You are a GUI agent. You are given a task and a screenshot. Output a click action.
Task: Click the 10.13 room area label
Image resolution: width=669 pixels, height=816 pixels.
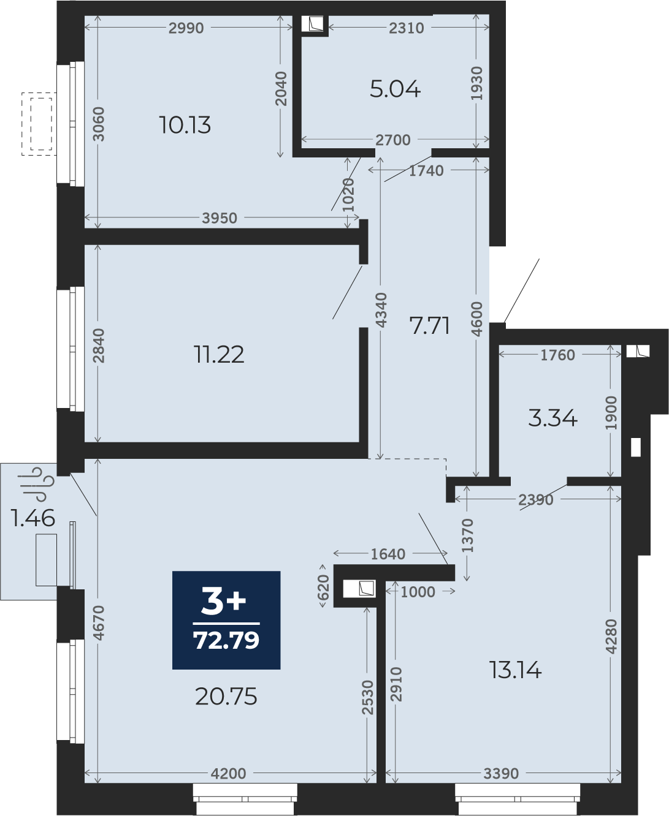185,126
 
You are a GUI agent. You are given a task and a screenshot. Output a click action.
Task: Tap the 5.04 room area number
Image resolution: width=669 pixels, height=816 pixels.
395,89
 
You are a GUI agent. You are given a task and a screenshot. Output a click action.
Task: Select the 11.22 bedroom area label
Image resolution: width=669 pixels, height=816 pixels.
219,355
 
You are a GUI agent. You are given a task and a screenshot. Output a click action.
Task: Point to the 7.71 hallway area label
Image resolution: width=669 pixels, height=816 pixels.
430,326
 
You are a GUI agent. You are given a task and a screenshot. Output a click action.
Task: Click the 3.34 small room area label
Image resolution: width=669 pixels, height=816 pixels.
552,418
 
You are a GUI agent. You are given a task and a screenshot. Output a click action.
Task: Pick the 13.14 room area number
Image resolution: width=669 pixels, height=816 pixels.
515,670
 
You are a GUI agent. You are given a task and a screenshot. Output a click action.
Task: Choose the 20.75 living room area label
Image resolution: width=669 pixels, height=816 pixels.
226,697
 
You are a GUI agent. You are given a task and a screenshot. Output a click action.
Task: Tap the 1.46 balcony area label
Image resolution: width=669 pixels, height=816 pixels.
33,518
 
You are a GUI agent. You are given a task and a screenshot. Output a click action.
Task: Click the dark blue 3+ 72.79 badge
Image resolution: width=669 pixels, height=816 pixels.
226,620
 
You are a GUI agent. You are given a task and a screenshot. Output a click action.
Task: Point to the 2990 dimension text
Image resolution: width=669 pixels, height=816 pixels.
186,28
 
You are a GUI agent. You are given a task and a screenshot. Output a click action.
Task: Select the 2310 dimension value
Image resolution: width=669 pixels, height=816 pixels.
407,28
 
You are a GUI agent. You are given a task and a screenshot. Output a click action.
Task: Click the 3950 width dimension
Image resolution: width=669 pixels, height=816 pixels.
220,218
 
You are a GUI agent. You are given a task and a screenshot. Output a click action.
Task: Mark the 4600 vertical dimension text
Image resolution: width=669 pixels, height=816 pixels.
478,319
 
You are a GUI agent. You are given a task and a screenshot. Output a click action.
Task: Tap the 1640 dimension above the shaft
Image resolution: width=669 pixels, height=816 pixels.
388,554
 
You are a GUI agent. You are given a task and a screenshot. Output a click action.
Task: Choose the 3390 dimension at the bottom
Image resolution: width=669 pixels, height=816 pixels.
501,782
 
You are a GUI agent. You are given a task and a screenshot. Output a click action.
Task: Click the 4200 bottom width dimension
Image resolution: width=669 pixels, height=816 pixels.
229,782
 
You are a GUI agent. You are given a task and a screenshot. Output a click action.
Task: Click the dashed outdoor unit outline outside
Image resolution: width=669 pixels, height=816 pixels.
39,124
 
